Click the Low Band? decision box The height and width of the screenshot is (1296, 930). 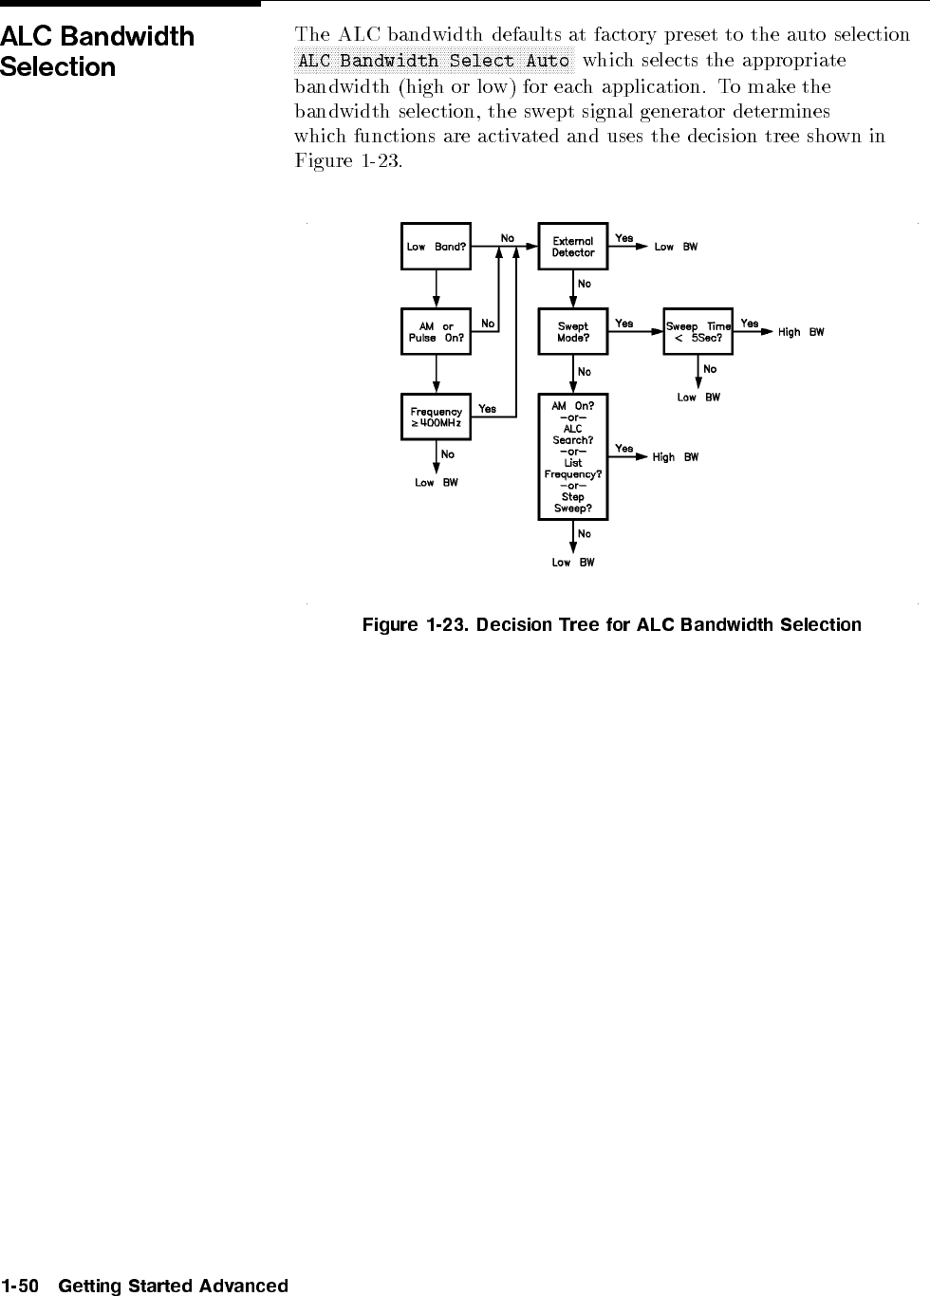pos(436,247)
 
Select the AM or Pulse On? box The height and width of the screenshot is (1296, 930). pos(436,332)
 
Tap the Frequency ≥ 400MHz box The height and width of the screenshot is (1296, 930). pos(436,417)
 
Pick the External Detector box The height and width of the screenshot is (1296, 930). pos(572,247)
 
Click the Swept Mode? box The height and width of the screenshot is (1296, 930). pos(572,332)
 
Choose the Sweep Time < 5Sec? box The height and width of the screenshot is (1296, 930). pos(698,332)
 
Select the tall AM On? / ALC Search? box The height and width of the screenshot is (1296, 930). pos(572,457)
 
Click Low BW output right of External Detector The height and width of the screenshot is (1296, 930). pos(676,247)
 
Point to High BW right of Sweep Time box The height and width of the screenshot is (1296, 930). pos(801,332)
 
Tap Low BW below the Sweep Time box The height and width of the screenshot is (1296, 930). pos(698,398)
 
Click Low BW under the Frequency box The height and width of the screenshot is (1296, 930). pos(437,483)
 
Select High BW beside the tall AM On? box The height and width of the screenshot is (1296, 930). pos(675,457)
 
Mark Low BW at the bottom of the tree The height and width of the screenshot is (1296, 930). pos(573,563)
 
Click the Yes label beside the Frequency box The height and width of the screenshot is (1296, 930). pos(487,409)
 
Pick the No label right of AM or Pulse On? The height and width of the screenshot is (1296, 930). pos(487,324)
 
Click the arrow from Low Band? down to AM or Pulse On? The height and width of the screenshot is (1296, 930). pos(437,288)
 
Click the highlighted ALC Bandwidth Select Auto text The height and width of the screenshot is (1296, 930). pos(434,61)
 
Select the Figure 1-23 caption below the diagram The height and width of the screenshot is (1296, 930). pos(612,625)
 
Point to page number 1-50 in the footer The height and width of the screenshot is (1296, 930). pos(20,1287)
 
